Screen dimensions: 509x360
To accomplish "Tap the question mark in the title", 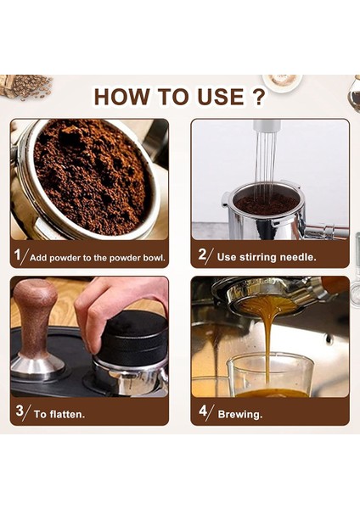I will click(257, 96).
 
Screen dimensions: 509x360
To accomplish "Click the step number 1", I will click(17, 254).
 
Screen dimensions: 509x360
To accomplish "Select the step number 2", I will click(202, 254).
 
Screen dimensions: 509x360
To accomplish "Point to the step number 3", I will click(17, 413).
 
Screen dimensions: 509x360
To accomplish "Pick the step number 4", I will click(202, 413).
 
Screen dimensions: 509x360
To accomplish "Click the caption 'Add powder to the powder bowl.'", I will click(97, 255).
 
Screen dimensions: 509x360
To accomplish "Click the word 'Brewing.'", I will click(240, 414).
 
